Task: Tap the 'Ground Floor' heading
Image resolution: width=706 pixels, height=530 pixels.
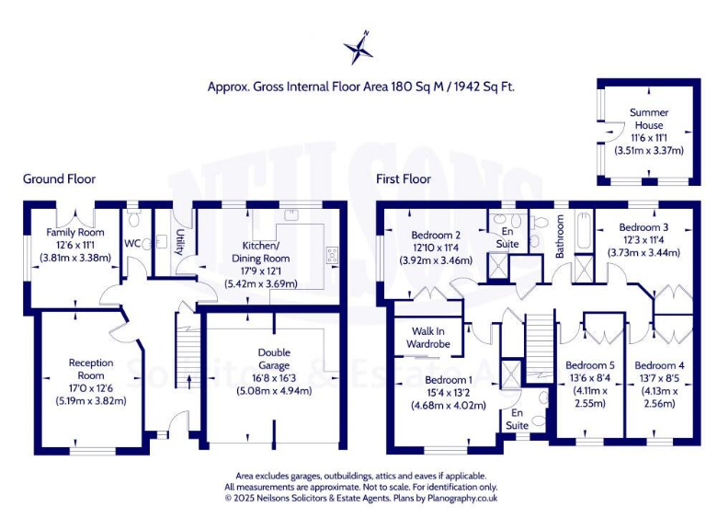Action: (59, 179)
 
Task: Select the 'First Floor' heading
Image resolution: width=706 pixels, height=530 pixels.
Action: (403, 179)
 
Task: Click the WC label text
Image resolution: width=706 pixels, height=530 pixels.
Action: (133, 244)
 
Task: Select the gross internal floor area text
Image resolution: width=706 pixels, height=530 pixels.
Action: (360, 87)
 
